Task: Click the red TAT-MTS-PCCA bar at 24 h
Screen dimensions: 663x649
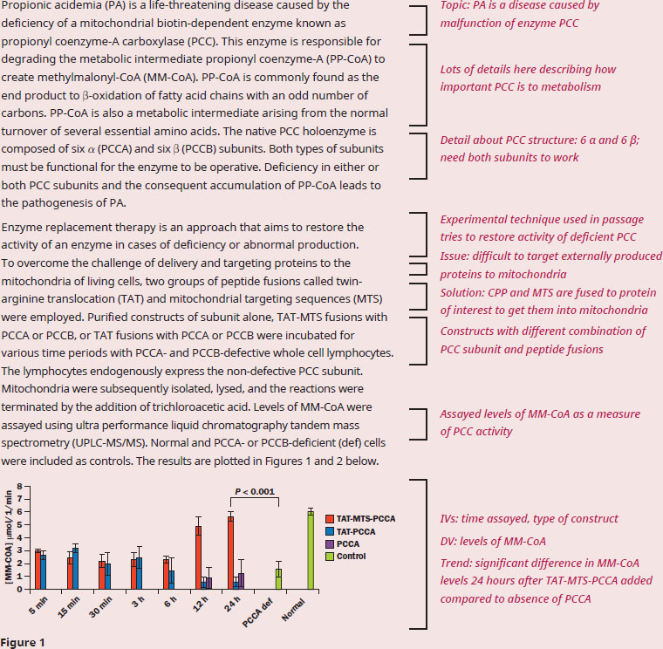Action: (230, 552)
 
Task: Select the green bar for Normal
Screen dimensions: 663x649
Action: (311, 550)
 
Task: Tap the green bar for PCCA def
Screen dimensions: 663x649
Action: (278, 579)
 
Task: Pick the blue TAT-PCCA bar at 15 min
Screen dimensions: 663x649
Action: (76, 569)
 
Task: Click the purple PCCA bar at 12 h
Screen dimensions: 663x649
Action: (208, 584)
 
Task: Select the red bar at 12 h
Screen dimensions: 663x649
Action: (198, 557)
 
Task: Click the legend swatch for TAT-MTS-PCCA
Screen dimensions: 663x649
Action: (330, 519)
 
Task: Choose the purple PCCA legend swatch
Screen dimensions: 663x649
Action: (330, 544)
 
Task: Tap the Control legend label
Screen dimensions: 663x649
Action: (351, 556)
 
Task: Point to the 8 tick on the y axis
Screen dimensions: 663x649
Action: (19, 486)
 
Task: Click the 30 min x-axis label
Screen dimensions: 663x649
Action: (100, 607)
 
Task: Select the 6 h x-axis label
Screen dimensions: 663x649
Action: (170, 602)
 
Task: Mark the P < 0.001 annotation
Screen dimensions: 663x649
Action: (255, 491)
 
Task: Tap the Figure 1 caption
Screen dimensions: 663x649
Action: (23, 643)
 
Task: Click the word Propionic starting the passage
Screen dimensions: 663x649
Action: (21, 6)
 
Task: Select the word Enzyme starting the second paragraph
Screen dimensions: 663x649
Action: (21, 228)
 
